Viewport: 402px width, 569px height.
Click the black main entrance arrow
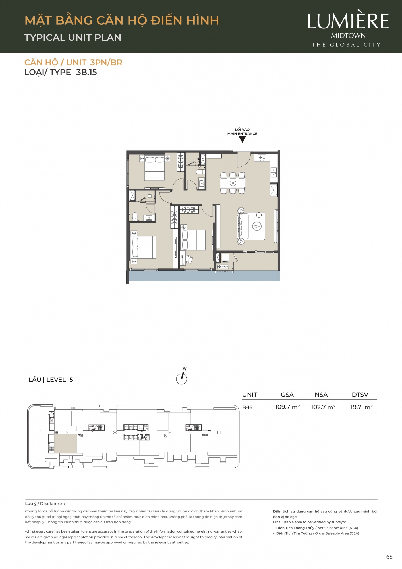(x=242, y=139)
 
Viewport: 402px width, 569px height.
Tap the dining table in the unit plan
(x=233, y=182)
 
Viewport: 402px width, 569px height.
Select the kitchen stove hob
(x=262, y=157)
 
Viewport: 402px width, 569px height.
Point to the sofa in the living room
(x=243, y=226)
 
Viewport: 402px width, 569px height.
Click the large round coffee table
(x=257, y=226)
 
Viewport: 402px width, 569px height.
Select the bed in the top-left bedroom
(x=155, y=168)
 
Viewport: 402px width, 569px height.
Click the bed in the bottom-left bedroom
(x=143, y=247)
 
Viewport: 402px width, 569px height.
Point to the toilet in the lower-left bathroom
(x=135, y=216)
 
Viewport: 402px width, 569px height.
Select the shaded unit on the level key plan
(x=65, y=444)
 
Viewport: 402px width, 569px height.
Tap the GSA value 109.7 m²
(x=287, y=407)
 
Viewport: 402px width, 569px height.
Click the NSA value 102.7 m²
(x=323, y=407)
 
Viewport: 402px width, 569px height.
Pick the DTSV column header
(x=360, y=395)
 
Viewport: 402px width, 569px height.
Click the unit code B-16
(x=247, y=407)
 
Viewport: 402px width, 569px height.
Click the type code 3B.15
(x=86, y=72)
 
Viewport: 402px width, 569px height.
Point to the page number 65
(x=389, y=557)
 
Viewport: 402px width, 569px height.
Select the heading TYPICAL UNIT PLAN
(x=73, y=38)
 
